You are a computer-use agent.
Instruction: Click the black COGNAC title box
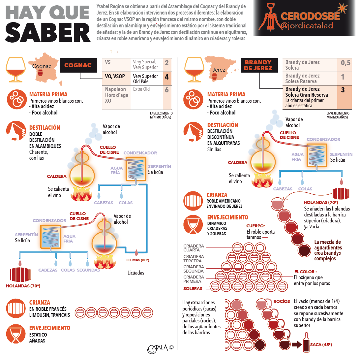point(78,65)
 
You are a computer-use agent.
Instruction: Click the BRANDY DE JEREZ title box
point(258,65)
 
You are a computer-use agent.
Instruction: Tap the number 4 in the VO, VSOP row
point(166,77)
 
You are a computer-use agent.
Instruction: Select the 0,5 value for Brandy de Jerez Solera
point(345,63)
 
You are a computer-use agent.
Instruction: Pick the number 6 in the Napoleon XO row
point(166,90)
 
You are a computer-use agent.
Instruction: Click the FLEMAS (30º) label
point(138,260)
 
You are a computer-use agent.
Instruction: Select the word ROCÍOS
point(282,301)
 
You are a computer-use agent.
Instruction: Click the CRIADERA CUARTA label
point(194,248)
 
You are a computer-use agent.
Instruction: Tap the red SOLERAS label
point(193,288)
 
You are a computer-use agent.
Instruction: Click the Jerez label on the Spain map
point(219,70)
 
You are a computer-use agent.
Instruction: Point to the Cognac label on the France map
point(42,66)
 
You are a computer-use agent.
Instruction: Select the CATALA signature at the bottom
point(157,347)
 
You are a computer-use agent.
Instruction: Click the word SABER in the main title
point(48,32)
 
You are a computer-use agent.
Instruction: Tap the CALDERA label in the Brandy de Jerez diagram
point(237,162)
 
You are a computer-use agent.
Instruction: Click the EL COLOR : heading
point(305,272)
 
